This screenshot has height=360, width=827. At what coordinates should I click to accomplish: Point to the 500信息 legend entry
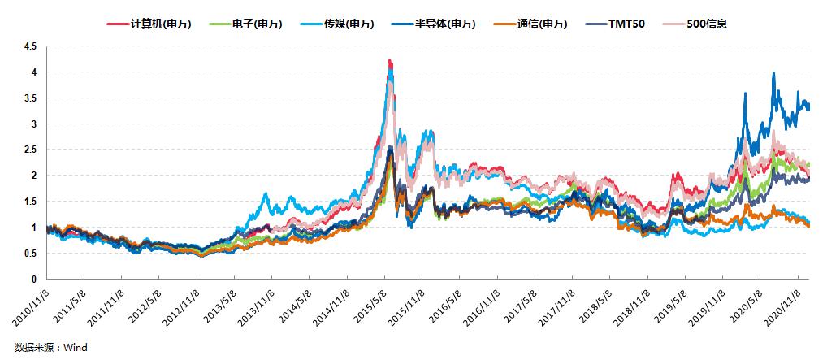704,24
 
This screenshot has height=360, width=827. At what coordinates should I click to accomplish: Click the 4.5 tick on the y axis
30,46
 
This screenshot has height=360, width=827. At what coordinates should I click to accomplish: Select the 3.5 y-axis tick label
30,98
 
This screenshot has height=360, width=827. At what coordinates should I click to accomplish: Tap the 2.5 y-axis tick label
30,150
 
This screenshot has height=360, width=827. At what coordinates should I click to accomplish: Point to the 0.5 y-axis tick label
30,254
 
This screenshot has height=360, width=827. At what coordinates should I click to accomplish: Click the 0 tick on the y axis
33,280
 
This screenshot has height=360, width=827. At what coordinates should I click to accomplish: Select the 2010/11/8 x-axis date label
31,306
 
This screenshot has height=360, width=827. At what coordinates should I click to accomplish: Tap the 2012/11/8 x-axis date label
180,306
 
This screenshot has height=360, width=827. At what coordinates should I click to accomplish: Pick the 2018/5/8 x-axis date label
593,306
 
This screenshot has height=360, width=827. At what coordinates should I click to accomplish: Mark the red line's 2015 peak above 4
390,60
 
